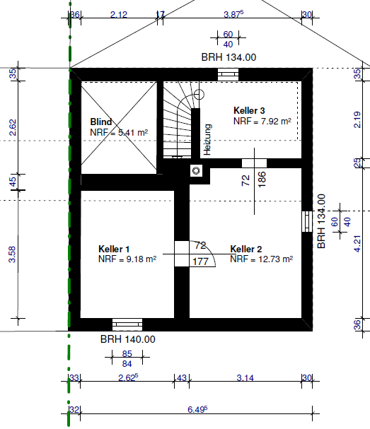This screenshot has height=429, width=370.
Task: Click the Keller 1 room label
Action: (x=114, y=249)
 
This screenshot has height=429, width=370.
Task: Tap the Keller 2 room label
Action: (x=246, y=249)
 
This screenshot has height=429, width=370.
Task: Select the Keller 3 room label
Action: (x=249, y=110)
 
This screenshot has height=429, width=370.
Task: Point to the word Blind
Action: (x=101, y=122)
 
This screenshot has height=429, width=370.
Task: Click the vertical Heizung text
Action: (x=207, y=139)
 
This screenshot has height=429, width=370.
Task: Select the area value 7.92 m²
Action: (x=276, y=121)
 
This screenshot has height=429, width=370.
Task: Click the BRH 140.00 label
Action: (x=128, y=339)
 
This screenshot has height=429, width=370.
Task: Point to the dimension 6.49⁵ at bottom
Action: (x=197, y=409)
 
